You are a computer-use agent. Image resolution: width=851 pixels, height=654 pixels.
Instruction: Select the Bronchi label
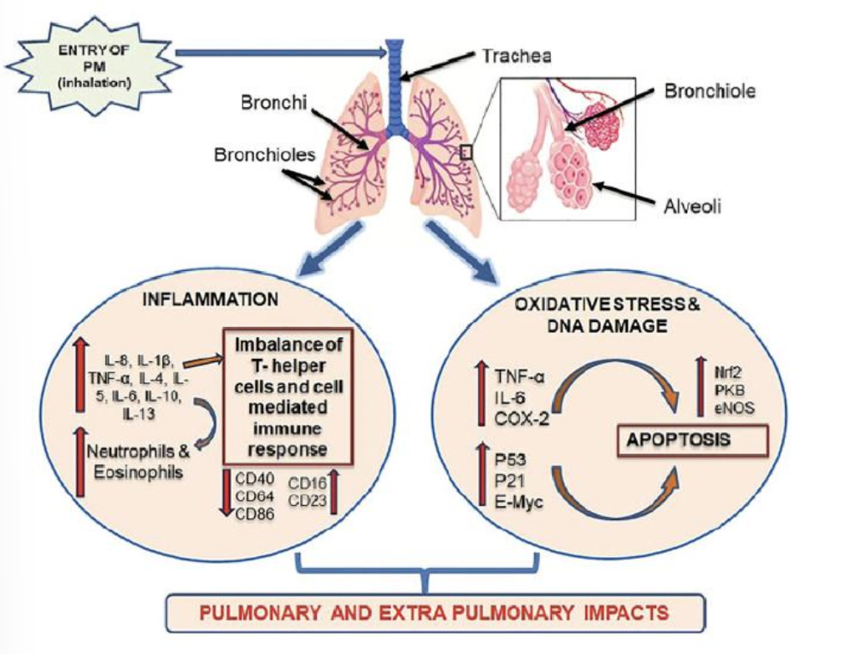tap(268, 104)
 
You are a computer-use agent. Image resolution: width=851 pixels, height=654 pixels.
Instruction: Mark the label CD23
tap(307, 501)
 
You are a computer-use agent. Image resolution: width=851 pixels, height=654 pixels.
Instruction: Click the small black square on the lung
tap(467, 151)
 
